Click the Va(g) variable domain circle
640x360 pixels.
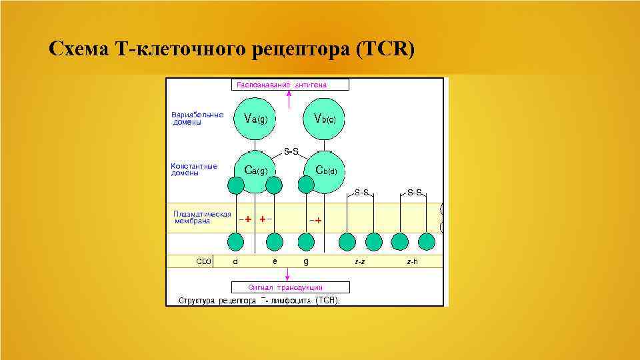tap(256, 119)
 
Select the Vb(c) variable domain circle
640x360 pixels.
tap(325, 119)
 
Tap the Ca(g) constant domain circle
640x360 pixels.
tap(256, 171)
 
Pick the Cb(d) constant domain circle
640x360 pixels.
tap(325, 171)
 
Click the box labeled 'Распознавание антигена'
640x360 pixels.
tap(290, 85)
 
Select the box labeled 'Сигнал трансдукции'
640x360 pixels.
tap(290, 288)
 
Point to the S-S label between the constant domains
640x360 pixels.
tap(291, 151)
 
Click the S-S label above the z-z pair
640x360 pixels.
tap(361, 192)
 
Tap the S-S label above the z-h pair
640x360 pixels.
tap(415, 192)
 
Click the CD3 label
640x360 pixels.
tap(204, 261)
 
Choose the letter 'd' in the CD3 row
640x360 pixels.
tap(235, 261)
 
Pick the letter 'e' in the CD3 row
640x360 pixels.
tap(275, 261)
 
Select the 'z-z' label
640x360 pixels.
tap(360, 261)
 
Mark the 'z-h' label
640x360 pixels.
tap(412, 261)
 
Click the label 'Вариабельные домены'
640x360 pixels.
tap(197, 118)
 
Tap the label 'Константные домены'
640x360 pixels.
tap(194, 169)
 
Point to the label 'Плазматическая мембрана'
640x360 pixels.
tap(202, 217)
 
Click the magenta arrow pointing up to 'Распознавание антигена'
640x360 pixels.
tap(289, 99)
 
